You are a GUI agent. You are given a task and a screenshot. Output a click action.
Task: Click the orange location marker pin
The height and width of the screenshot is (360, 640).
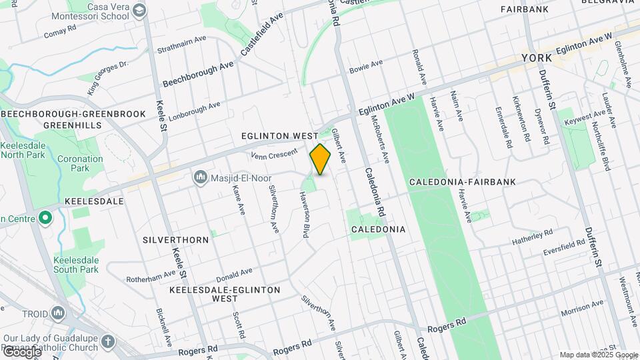pyautogui.click(x=320, y=159)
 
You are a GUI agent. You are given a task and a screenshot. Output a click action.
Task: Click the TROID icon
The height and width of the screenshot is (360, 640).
pyautogui.click(x=58, y=313)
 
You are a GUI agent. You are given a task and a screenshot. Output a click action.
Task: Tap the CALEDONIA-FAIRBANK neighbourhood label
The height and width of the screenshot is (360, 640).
pyautogui.click(x=450, y=182)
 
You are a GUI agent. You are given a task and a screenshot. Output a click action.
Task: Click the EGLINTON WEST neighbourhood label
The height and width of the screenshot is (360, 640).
pyautogui.click(x=279, y=135)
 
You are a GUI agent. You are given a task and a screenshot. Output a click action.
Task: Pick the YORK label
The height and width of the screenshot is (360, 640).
pyautogui.click(x=537, y=58)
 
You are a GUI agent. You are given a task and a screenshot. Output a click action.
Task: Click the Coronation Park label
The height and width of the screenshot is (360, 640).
pyautogui.click(x=80, y=164)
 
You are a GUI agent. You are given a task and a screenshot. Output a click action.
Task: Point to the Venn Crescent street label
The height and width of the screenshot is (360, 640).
pyautogui.click(x=273, y=155)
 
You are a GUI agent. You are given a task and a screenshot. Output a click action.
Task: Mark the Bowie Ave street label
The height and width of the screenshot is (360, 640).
pyautogui.click(x=366, y=66)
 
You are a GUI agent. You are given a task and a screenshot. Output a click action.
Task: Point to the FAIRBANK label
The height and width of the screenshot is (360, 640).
pyautogui.click(x=525, y=9)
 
